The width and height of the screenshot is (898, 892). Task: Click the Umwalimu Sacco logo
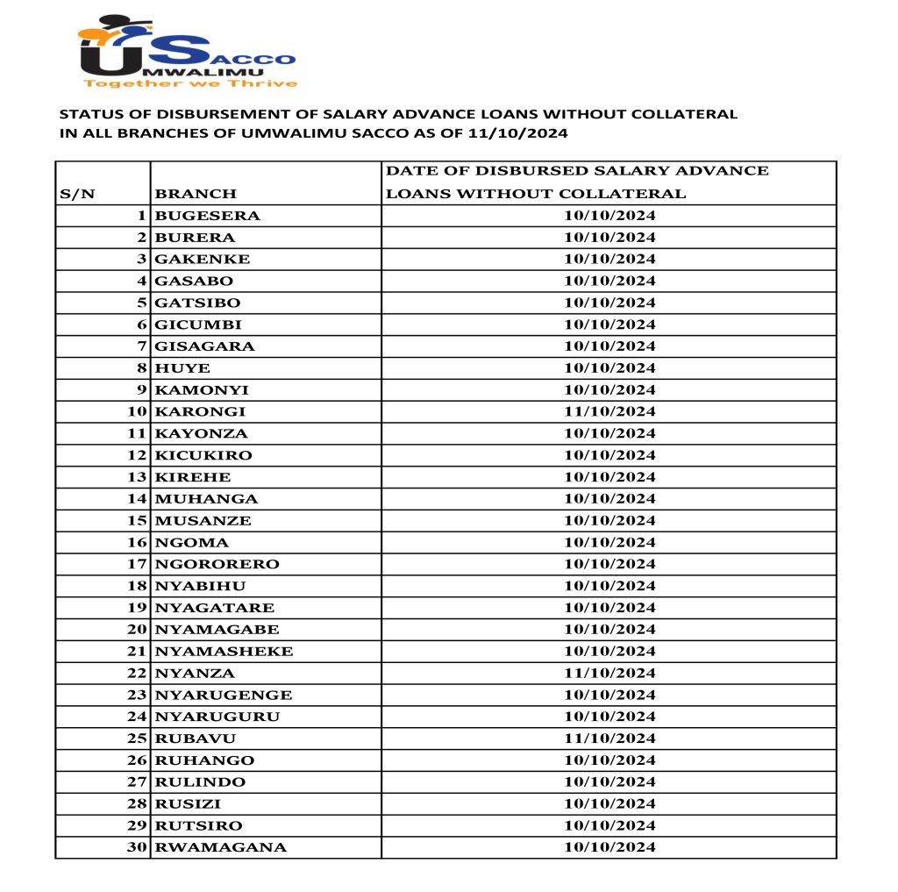(x=187, y=51)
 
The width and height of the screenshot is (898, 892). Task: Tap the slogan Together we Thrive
(x=189, y=83)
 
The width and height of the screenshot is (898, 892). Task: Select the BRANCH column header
(x=196, y=194)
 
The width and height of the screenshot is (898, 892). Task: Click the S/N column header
(x=77, y=194)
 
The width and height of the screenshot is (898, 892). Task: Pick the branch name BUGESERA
(x=207, y=216)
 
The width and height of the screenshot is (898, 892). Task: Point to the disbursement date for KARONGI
(x=609, y=411)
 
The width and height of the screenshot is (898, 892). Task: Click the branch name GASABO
(x=194, y=281)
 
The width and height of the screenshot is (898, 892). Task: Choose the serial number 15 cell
(x=135, y=520)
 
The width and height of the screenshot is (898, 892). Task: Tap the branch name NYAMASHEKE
(x=224, y=651)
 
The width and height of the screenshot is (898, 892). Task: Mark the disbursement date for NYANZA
(x=609, y=673)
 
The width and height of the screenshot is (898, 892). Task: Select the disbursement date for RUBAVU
(x=609, y=738)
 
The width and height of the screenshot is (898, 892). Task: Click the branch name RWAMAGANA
(x=220, y=846)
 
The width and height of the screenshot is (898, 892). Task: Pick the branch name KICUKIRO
(x=203, y=455)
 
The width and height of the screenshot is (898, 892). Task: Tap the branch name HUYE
(x=182, y=368)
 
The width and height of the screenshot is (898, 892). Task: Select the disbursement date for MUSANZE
(x=609, y=520)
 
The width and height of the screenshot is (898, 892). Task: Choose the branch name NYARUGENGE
(x=223, y=695)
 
